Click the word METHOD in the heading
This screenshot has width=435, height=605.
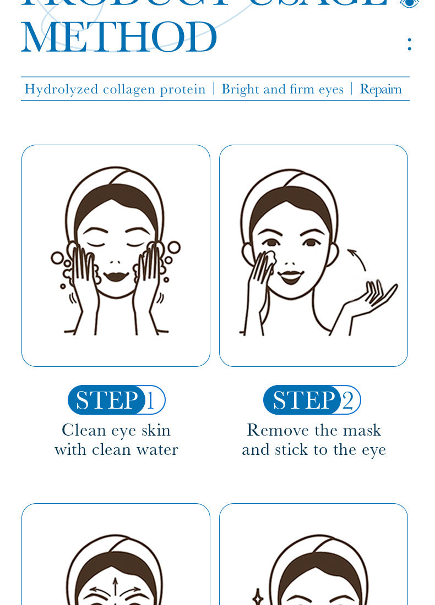119,37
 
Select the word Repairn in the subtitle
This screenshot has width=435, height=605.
380,89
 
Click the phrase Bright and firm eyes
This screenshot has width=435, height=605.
282,89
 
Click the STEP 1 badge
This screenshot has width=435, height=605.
116,400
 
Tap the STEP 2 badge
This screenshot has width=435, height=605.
312,400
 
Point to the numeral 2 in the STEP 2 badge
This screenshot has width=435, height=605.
347,400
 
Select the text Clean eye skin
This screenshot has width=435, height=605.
116,430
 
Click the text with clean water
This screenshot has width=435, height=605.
116,449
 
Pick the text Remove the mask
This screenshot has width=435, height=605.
314,430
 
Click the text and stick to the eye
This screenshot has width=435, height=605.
314,449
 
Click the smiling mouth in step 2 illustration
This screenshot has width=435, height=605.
291,275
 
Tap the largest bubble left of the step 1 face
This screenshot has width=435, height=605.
57,257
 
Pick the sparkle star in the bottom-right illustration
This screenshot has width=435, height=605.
258,597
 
